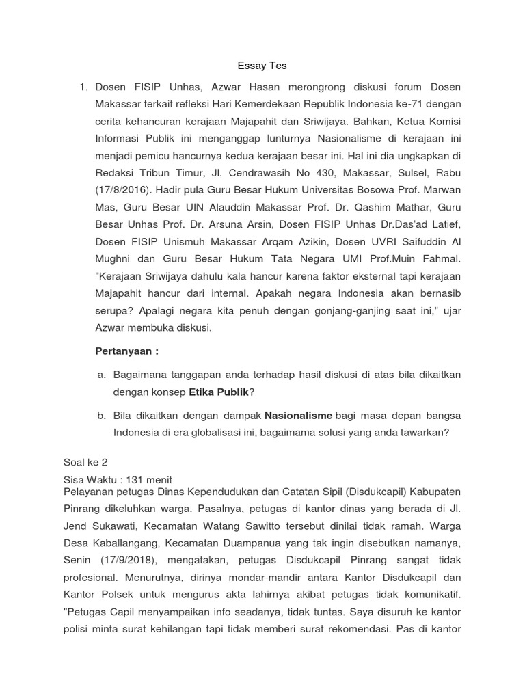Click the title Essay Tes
click(x=262, y=66)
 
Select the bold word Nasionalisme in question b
click(x=299, y=415)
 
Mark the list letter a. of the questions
click(x=103, y=375)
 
